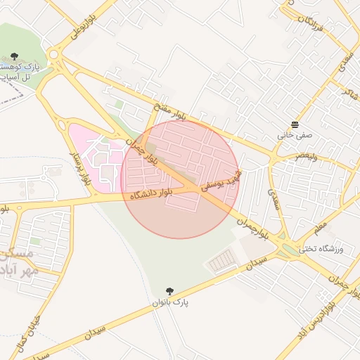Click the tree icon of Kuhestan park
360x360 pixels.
tap(15, 56)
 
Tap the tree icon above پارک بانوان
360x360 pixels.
tap(169, 290)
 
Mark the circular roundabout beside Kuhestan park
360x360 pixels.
tap(53, 54)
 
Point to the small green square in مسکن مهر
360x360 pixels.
tap(34, 241)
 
